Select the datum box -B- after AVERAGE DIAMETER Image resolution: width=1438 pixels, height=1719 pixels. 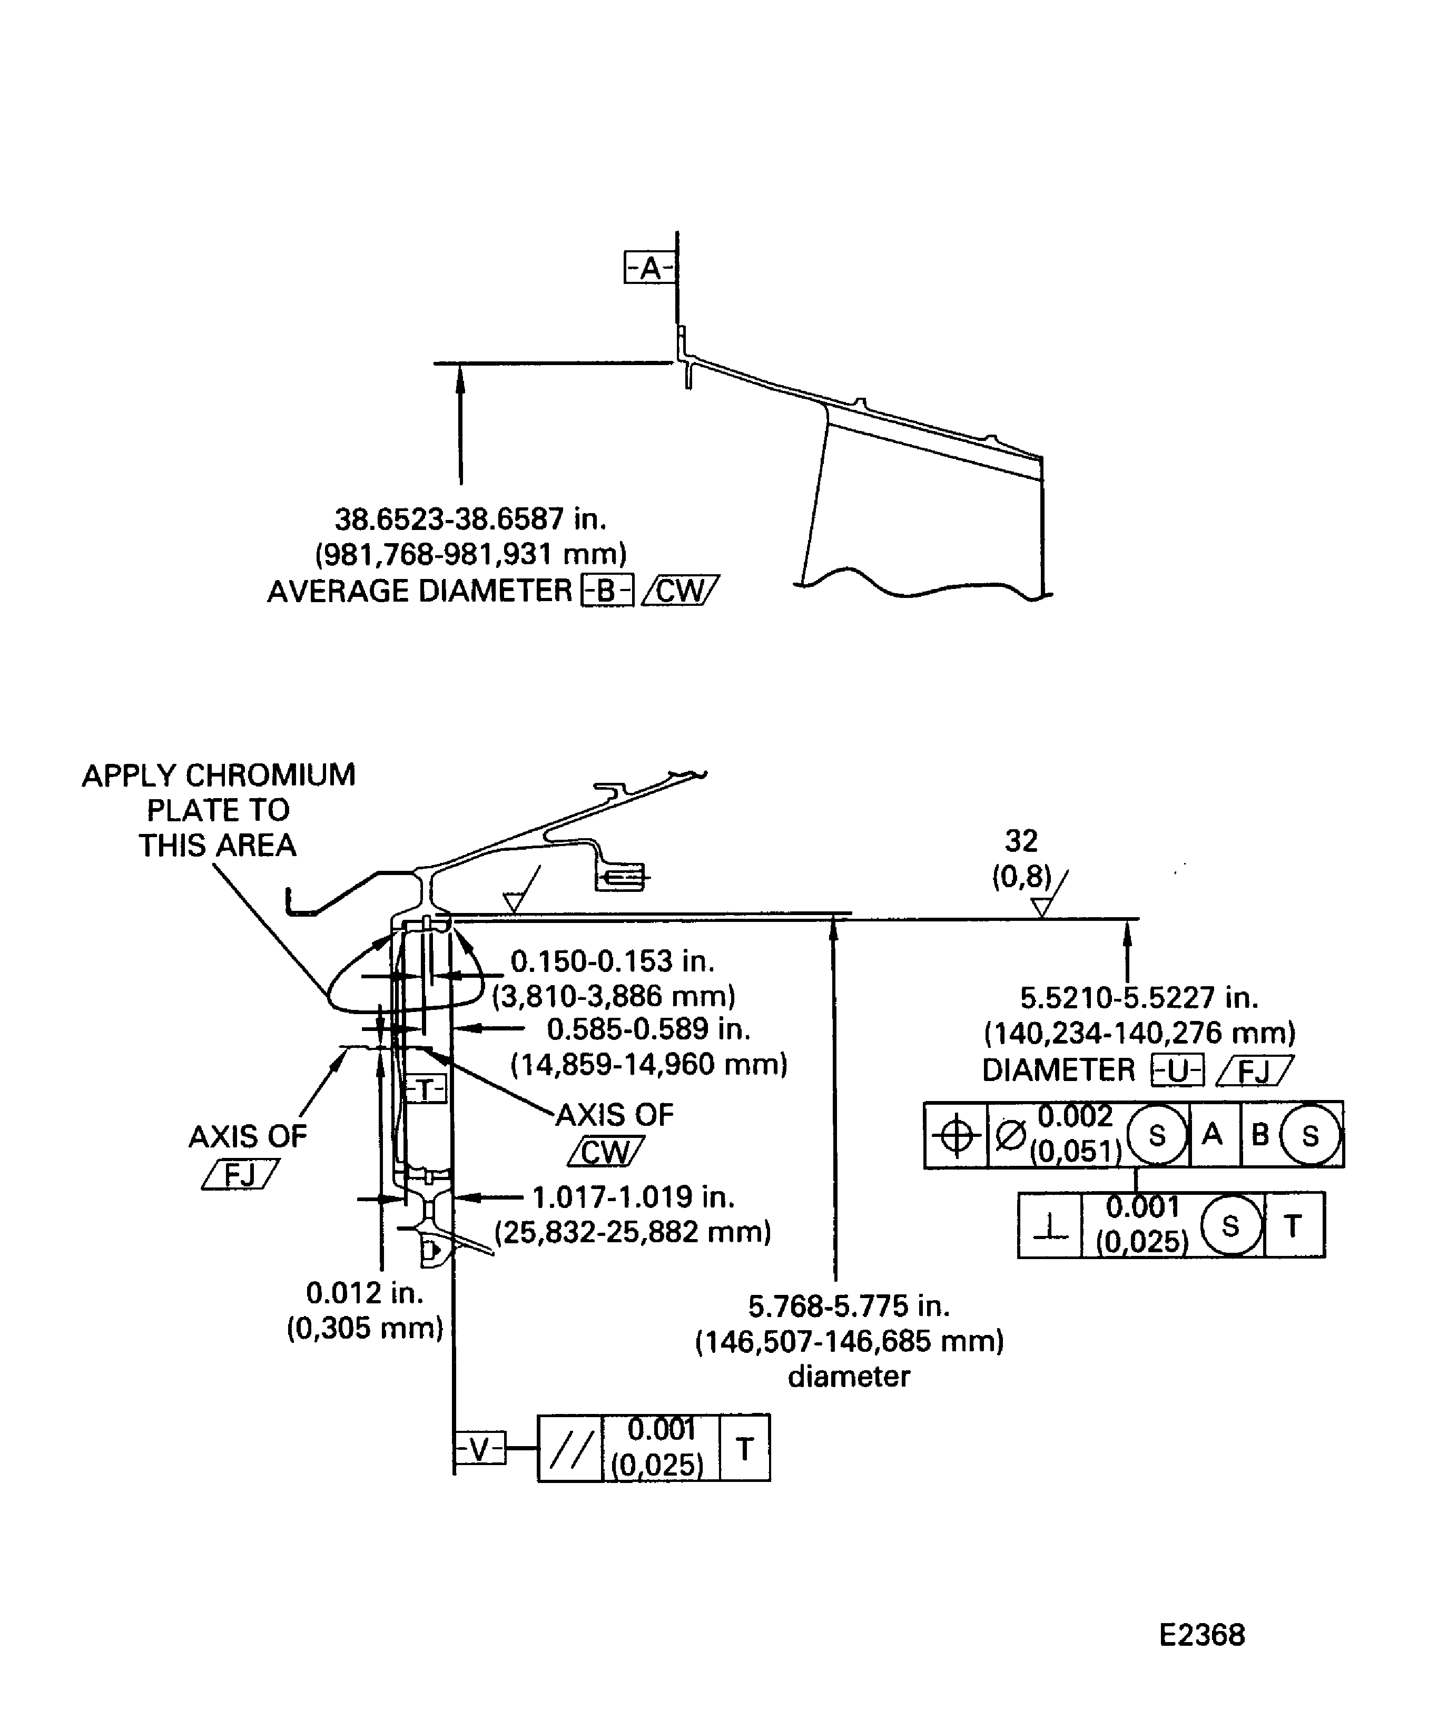(606, 591)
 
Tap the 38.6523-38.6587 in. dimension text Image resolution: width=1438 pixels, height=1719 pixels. (470, 519)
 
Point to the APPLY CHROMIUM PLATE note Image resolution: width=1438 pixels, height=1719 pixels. (219, 810)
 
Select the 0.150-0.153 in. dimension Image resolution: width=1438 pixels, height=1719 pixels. (612, 961)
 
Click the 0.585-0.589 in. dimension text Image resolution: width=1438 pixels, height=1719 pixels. (648, 1029)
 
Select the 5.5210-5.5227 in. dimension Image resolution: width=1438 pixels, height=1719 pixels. (1138, 998)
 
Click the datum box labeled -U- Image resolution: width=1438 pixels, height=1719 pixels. (1177, 1070)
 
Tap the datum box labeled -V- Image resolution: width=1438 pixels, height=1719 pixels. (480, 1450)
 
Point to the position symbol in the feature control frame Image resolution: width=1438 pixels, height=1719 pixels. (956, 1135)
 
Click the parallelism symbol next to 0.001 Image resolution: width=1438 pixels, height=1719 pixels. (569, 1450)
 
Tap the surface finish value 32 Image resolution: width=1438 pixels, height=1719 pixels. (1021, 841)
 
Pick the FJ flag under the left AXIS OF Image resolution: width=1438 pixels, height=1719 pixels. (240, 1175)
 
